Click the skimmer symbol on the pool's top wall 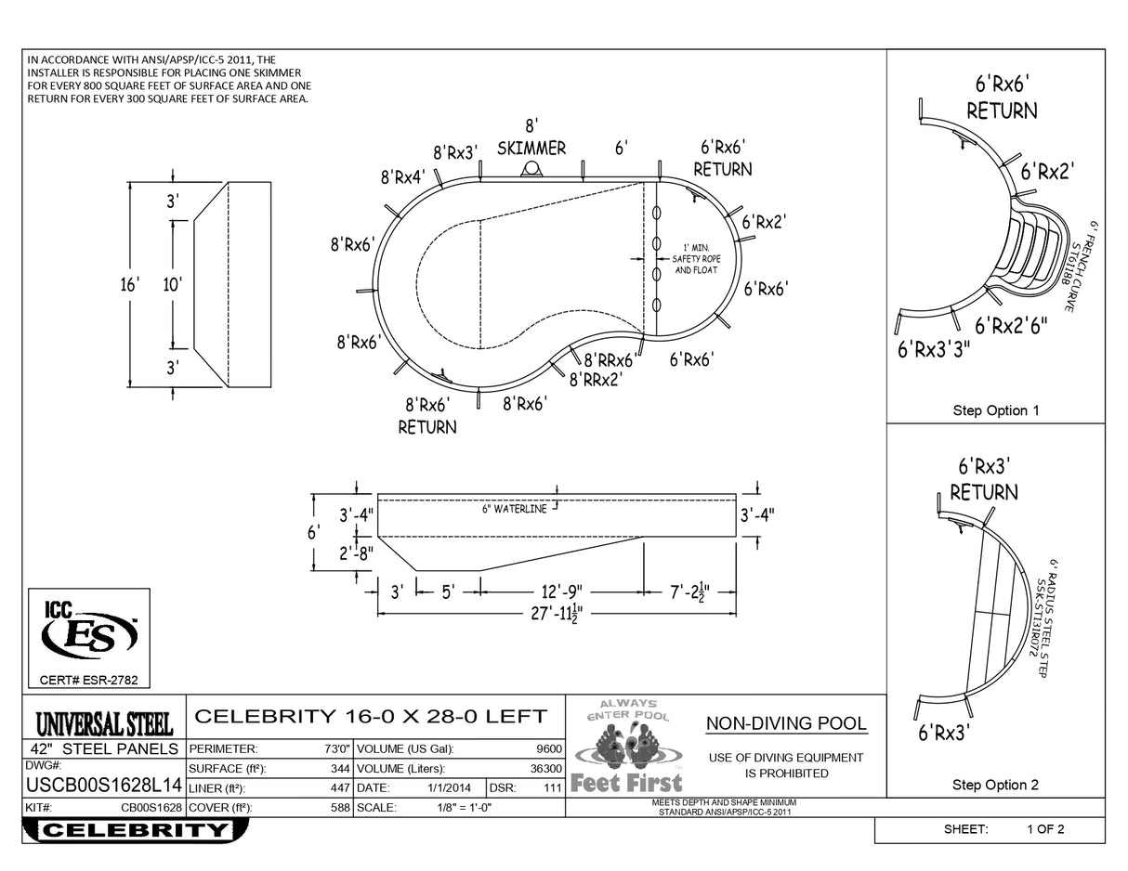(531, 168)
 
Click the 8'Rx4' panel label (402, 175)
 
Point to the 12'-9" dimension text (562, 591)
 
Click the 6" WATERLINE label (514, 509)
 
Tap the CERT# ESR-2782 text (89, 680)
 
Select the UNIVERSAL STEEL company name (103, 721)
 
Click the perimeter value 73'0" (335, 748)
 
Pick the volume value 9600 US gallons (548, 748)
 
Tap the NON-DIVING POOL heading (786, 723)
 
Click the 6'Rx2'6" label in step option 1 (1011, 326)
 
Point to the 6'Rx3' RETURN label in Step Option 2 (983, 479)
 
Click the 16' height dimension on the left (129, 284)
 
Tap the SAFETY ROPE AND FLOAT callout (696, 258)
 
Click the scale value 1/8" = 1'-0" (464, 808)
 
